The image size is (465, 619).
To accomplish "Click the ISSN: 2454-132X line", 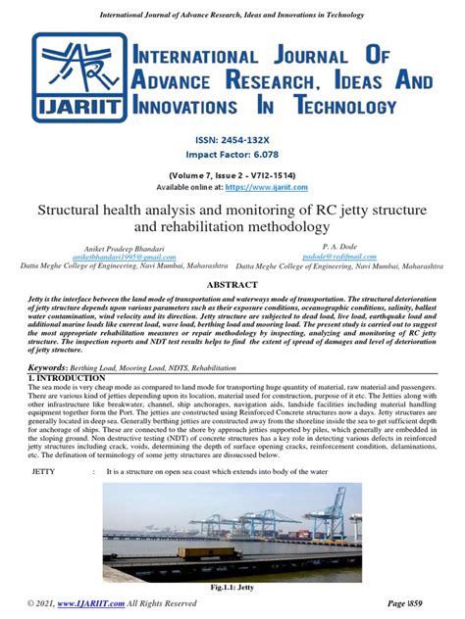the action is coord(232,140).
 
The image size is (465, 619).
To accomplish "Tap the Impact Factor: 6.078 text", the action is coord(232,155).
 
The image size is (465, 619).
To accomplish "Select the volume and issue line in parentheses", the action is coord(232,175).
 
